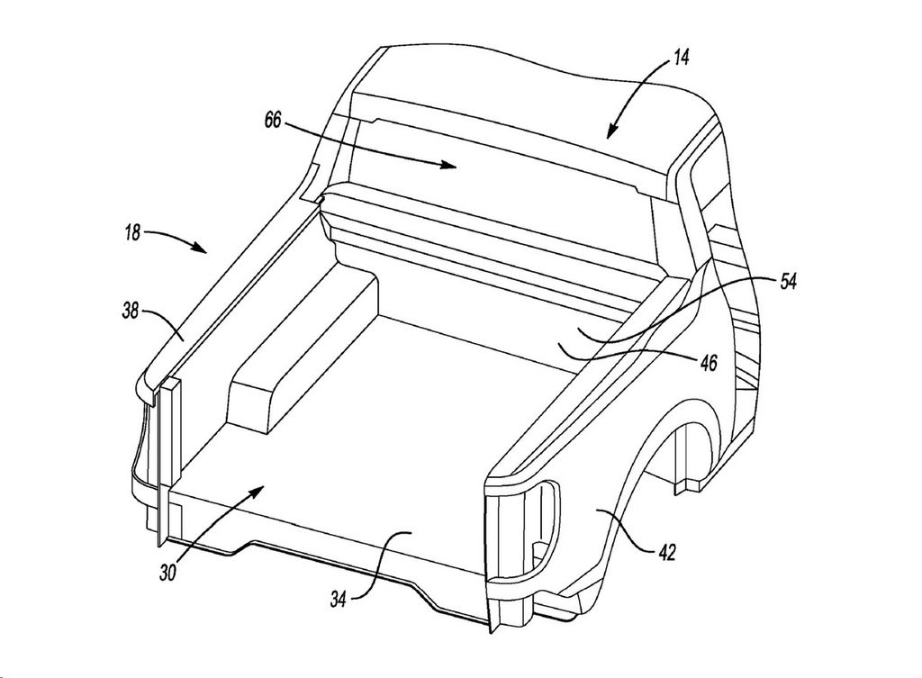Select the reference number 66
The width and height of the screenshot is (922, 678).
tap(274, 122)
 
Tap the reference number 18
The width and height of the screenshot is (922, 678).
tap(133, 233)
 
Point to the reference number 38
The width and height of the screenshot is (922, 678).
tap(131, 310)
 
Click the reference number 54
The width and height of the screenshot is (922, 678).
tap(788, 282)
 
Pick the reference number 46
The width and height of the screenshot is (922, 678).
tap(710, 363)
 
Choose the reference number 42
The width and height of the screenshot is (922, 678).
tap(667, 552)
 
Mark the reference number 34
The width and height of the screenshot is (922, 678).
tap(338, 600)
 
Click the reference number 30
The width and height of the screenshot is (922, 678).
tap(167, 573)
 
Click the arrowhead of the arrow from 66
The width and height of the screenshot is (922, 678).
tap(450, 166)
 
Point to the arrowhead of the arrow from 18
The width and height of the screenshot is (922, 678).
tap(201, 249)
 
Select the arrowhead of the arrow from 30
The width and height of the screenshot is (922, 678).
tap(258, 492)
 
